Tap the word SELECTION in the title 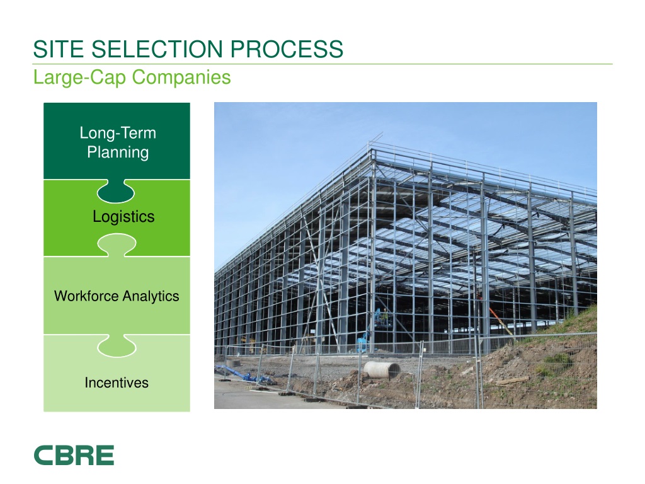pos(150,49)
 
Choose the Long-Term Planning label pos(117,142)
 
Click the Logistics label pos(123,217)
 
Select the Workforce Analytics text pos(117,296)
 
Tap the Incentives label pos(117,383)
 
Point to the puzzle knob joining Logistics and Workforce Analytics pos(117,245)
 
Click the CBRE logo pos(74,455)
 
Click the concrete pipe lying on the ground pos(382,370)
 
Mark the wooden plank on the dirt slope pos(511,380)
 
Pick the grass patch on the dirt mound pos(554,359)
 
